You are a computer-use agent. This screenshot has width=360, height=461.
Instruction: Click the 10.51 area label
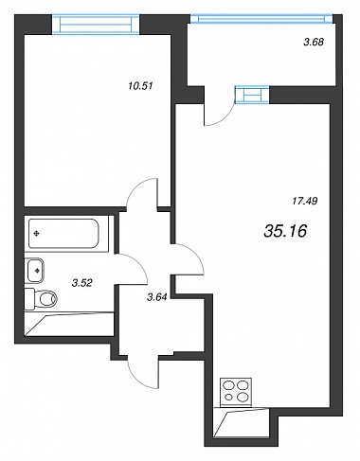click(140, 85)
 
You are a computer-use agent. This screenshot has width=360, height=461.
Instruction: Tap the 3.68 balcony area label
click(314, 42)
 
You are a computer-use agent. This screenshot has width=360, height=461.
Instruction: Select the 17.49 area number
click(305, 201)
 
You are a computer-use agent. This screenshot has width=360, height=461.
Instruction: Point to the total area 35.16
click(285, 231)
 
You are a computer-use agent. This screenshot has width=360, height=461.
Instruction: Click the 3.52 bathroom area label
click(82, 283)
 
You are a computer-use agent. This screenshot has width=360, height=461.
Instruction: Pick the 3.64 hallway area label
click(157, 296)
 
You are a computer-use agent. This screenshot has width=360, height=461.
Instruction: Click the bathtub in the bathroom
click(63, 234)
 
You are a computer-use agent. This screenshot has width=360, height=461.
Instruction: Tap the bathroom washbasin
click(35, 271)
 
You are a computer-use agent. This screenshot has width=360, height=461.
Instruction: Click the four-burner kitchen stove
click(236, 392)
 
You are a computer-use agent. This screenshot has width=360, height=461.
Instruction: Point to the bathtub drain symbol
click(37, 234)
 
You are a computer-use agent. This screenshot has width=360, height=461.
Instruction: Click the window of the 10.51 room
click(96, 25)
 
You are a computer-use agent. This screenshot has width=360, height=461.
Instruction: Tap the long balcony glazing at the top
click(261, 19)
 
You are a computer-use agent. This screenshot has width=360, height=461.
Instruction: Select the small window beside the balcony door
click(252, 95)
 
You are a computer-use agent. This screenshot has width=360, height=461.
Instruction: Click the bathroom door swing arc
click(138, 262)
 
